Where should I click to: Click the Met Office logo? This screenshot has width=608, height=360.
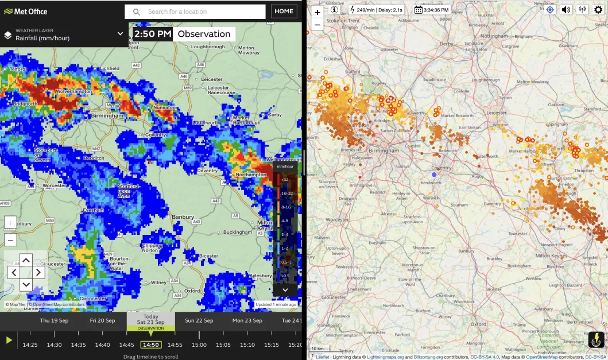(26, 11)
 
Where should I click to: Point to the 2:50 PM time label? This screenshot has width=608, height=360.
(153, 34)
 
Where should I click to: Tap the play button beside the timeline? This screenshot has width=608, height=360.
(9, 340)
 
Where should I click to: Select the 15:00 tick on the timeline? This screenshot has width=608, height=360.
(199, 344)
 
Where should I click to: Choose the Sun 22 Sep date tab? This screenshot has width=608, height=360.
(199, 320)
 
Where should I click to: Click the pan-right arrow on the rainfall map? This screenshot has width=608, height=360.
(38, 272)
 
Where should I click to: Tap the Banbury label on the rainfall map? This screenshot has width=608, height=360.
(183, 217)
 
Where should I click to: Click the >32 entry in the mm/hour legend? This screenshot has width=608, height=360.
(284, 179)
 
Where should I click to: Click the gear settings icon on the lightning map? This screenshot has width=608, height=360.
(598, 10)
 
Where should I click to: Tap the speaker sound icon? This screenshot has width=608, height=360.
(566, 10)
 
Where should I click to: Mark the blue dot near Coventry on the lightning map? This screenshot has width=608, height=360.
(434, 174)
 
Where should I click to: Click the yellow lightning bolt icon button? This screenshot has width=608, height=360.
(597, 339)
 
